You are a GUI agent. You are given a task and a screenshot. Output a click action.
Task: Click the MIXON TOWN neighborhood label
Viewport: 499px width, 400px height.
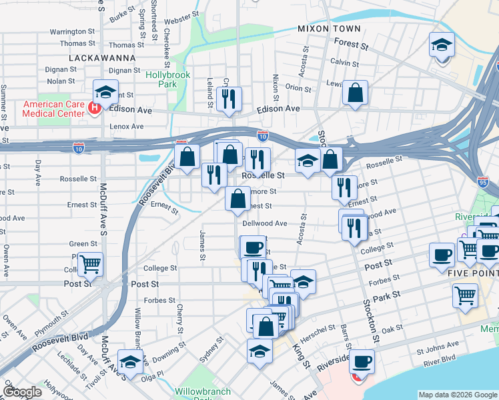point(329,29)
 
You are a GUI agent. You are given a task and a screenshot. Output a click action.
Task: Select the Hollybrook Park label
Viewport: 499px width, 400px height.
point(168,80)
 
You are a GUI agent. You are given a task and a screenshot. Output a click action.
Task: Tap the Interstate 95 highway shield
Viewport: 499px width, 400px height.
point(484,181)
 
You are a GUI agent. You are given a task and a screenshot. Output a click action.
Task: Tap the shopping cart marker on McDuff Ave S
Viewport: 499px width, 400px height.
point(90,263)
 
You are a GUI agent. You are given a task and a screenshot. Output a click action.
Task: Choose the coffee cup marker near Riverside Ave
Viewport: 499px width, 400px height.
point(362,362)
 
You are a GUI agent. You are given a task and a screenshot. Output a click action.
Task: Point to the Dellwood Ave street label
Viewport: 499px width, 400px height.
point(265,224)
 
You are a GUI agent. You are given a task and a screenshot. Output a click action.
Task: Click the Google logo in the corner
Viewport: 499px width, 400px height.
point(22,392)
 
